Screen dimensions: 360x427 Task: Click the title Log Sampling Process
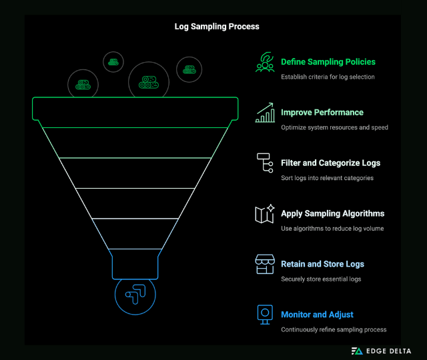click(213, 27)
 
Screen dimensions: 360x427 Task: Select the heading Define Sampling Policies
click(328, 62)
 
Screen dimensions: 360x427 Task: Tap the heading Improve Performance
click(322, 113)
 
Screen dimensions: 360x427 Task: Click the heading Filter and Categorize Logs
click(330, 163)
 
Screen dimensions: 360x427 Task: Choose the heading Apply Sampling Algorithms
click(332, 213)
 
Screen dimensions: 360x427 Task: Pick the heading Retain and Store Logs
click(322, 264)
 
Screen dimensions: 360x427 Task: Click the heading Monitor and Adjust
click(317, 315)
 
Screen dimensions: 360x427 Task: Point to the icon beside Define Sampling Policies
click(265, 62)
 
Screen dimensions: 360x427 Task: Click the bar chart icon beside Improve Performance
click(265, 113)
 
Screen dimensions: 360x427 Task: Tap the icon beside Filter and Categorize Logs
click(264, 163)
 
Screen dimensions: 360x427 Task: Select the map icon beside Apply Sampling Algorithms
click(265, 214)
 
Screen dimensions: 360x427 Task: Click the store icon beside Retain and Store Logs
click(265, 265)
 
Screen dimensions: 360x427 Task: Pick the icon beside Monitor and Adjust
click(265, 315)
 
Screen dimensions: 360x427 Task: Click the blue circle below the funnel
click(135, 294)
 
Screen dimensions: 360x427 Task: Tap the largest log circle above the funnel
click(148, 82)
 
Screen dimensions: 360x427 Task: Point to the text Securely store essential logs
click(321, 279)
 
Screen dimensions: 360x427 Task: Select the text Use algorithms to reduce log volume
click(332, 229)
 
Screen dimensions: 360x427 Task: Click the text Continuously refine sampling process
click(334, 329)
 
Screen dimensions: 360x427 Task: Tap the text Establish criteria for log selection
click(328, 77)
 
